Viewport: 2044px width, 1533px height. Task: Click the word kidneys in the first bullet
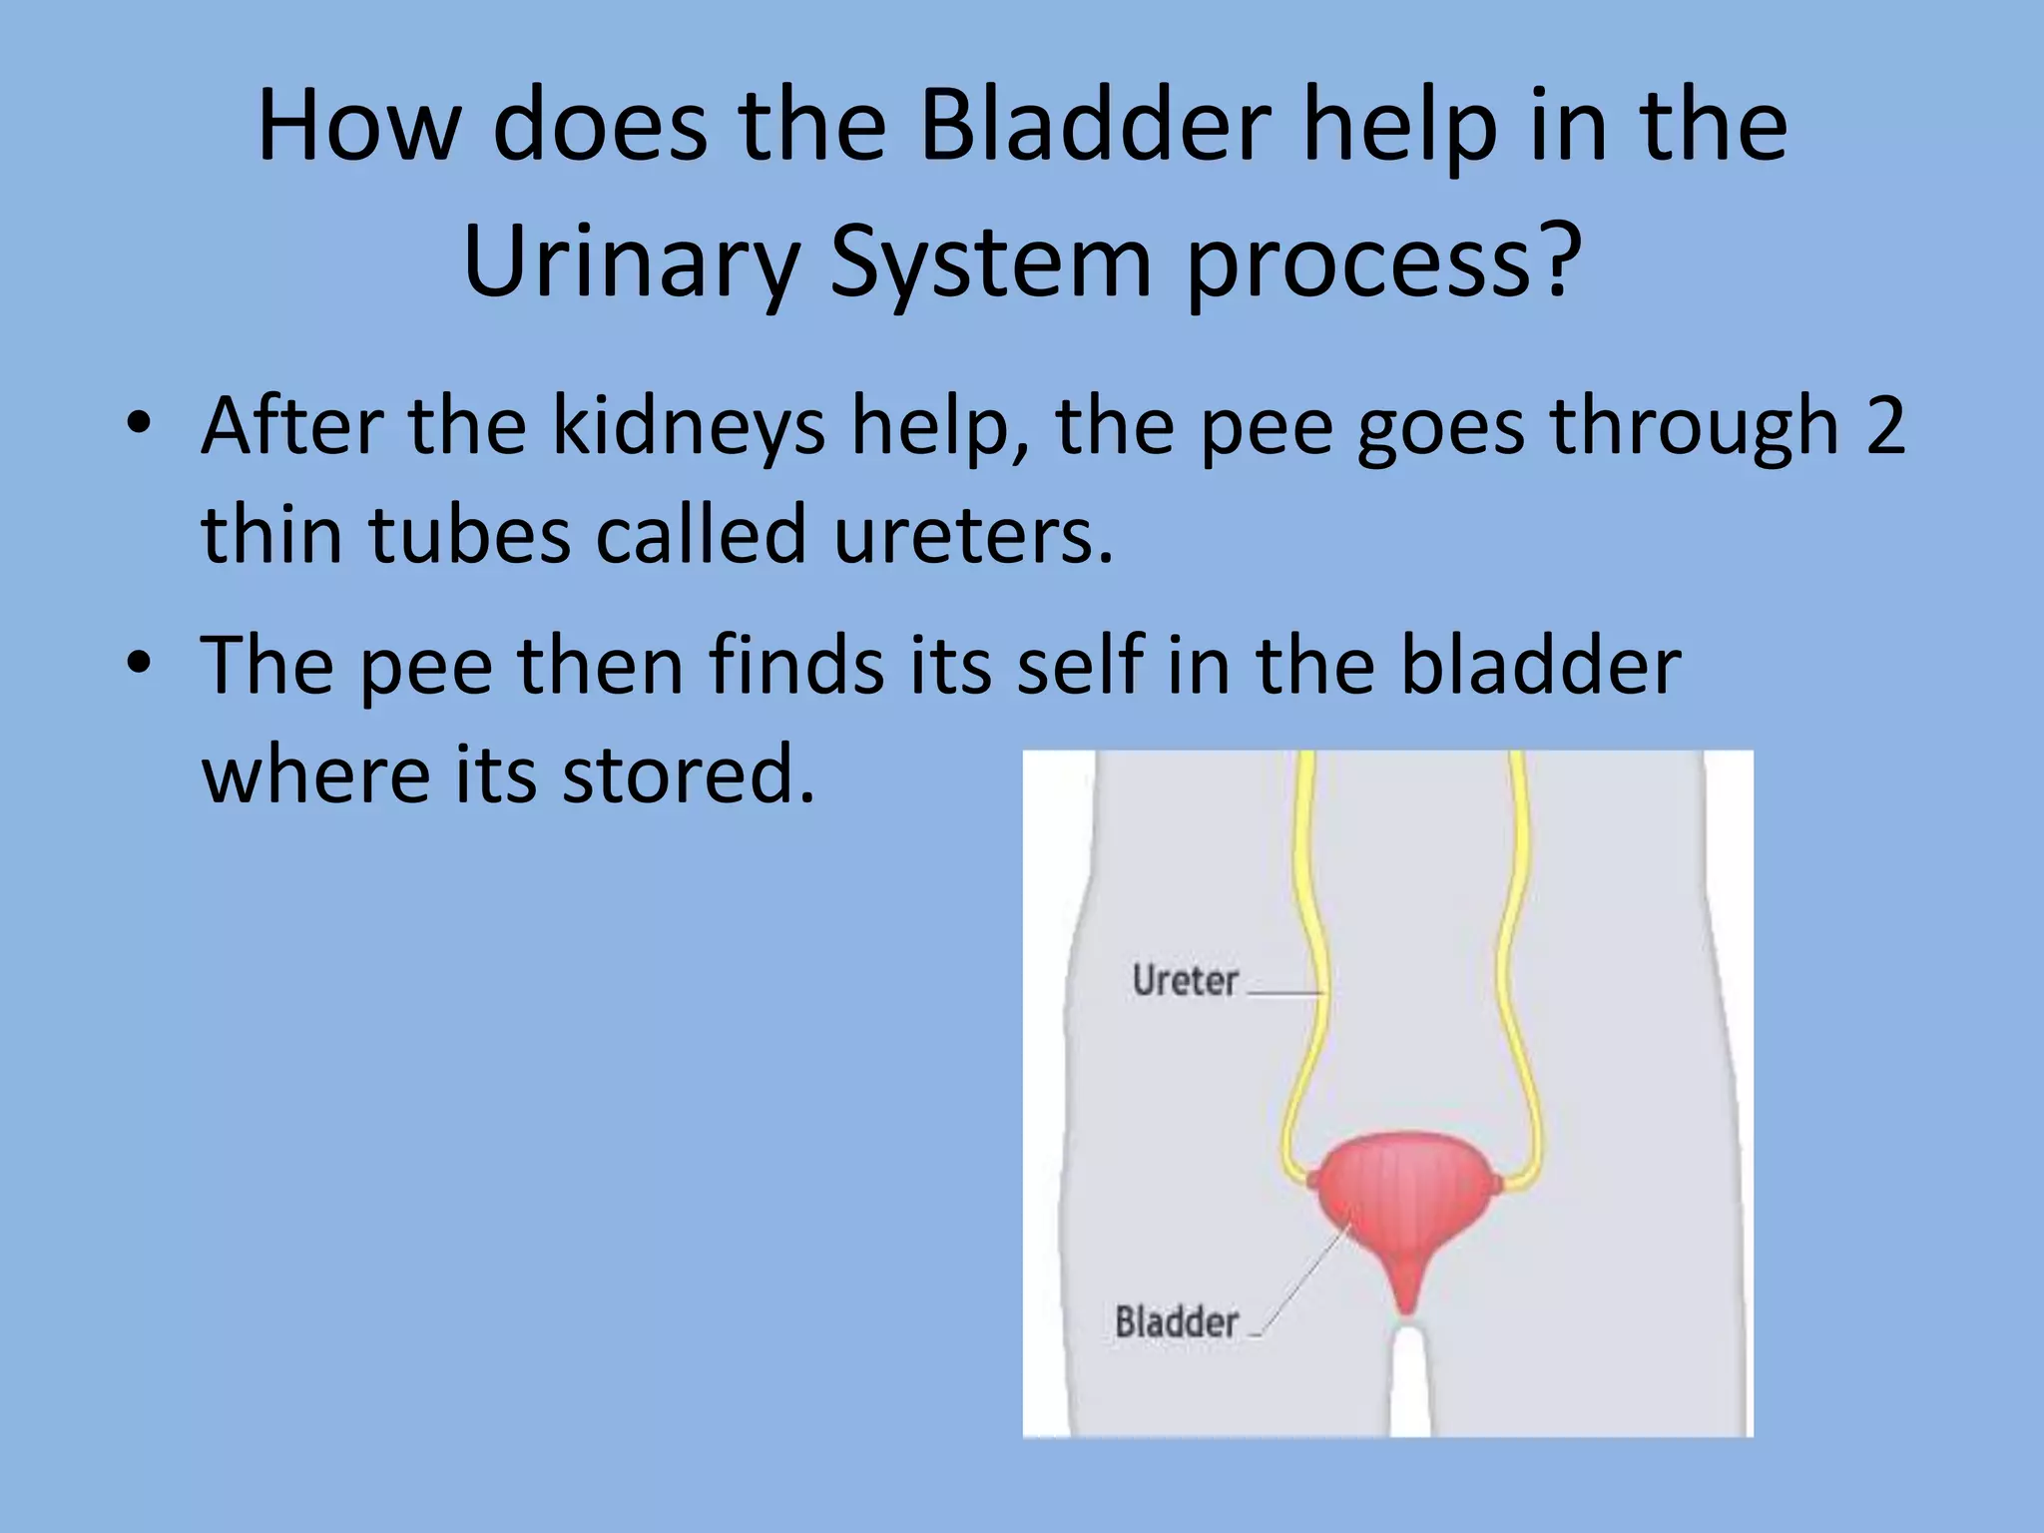click(689, 427)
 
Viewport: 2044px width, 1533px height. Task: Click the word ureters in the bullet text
click(972, 535)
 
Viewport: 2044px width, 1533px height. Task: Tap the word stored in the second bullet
click(689, 774)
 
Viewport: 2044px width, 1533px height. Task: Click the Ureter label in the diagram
click(1185, 981)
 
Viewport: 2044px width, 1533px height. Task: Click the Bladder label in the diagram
click(1177, 1322)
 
